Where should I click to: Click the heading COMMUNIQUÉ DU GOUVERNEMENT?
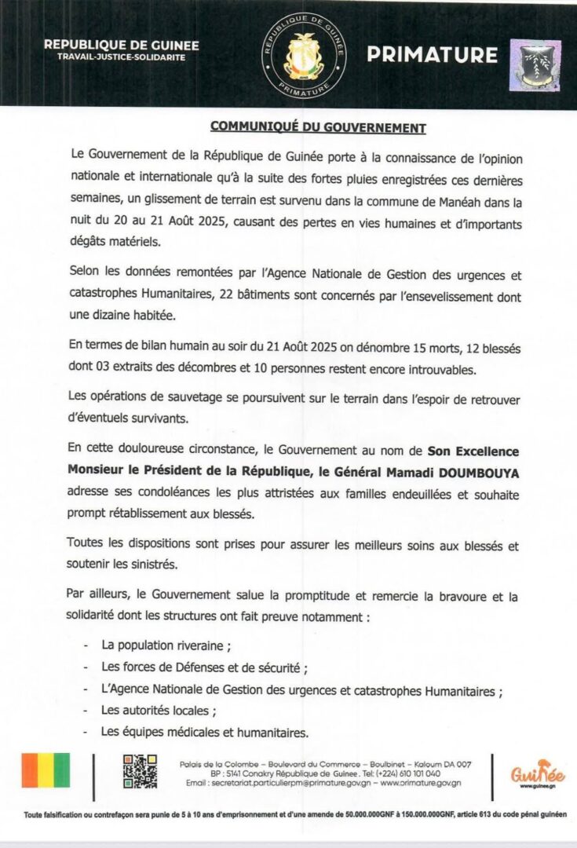(x=317, y=127)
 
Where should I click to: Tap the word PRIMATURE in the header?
(x=433, y=55)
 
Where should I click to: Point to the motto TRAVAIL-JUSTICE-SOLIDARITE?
(x=121, y=59)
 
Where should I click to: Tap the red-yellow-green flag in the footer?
(x=46, y=770)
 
